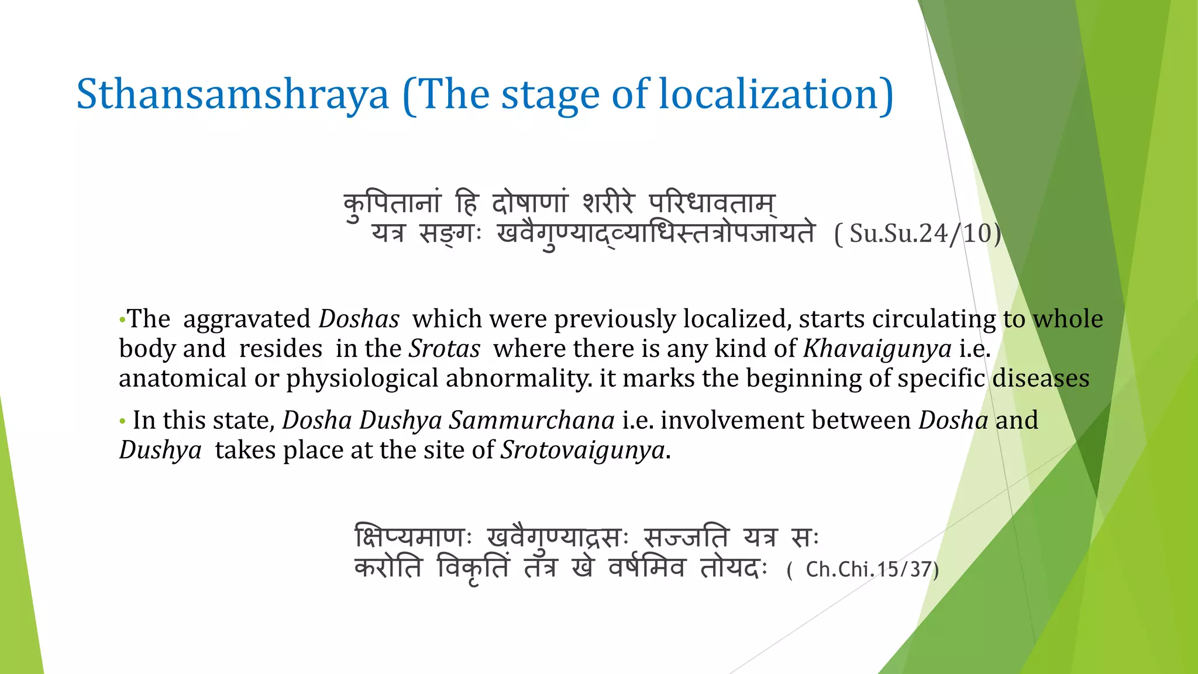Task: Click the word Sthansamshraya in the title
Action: coord(232,95)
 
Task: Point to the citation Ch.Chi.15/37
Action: coord(863,569)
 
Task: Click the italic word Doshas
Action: coord(359,319)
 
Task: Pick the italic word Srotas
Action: coord(444,349)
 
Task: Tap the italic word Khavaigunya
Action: coord(877,349)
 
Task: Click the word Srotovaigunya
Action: coord(583,451)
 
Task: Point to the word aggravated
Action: coord(247,319)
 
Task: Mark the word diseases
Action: coord(1041,379)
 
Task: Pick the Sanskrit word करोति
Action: coord(388,568)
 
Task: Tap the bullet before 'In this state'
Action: coord(122,421)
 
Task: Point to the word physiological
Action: coord(362,379)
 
